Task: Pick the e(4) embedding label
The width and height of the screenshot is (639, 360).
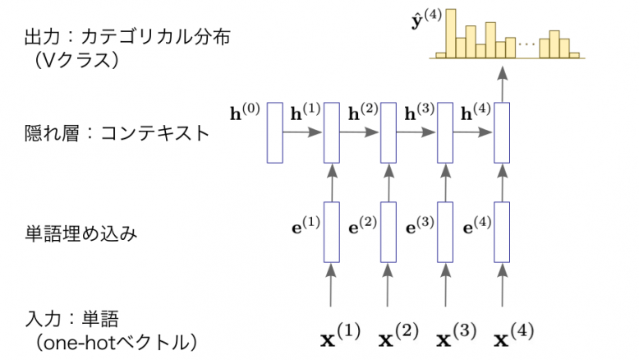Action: click(x=478, y=224)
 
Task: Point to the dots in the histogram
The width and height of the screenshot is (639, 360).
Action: click(x=527, y=44)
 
